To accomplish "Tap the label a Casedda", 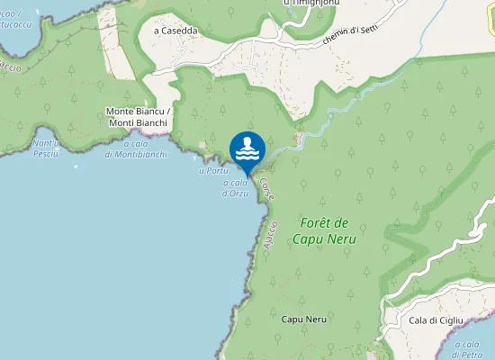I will pyautogui.click(x=175, y=30).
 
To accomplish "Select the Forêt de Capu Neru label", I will pyautogui.click(x=324, y=230).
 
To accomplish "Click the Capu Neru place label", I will pyautogui.click(x=303, y=319).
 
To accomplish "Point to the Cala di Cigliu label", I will pyautogui.click(x=436, y=320).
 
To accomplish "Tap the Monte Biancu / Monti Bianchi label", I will pyautogui.click(x=138, y=116).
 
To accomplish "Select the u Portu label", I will pyautogui.click(x=212, y=170).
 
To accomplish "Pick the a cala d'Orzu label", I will pyautogui.click(x=234, y=187).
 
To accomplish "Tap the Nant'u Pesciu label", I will pyautogui.click(x=46, y=148).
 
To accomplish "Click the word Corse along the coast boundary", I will pyautogui.click(x=266, y=188).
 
